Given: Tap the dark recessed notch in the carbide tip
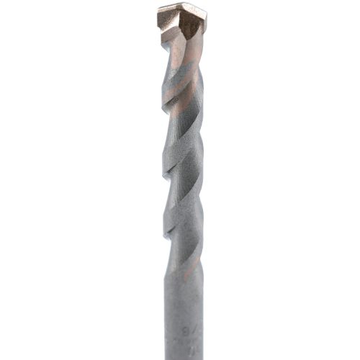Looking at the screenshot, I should point(192,25).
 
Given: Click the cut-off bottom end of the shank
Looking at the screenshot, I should point(183,357).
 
